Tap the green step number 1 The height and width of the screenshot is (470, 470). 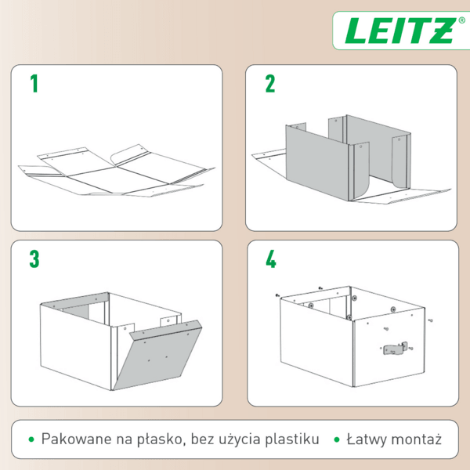34,83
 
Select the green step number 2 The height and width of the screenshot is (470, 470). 269,83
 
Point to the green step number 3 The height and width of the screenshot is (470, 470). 34,259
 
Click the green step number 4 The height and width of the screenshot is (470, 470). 271,259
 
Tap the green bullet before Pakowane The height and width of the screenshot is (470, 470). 31,439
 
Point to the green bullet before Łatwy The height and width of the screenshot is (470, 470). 337,439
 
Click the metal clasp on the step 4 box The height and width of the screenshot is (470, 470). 395,349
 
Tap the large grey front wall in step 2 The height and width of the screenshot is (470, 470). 317,164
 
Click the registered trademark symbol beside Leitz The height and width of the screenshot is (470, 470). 462,20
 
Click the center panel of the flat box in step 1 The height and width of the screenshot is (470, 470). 117,179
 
